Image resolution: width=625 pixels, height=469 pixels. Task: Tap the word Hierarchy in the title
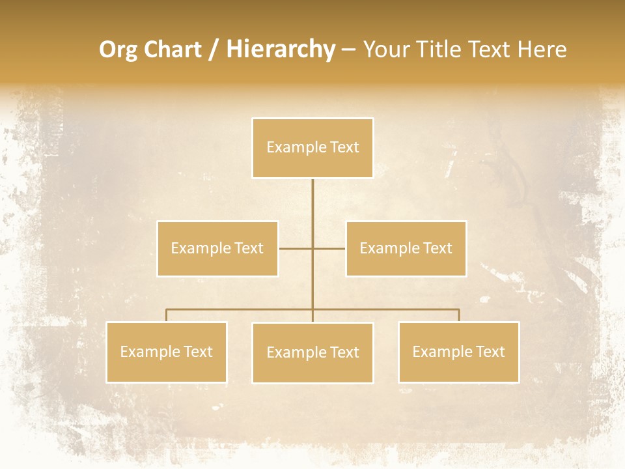pos(281,50)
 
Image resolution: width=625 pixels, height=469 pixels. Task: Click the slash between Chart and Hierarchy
pos(214,50)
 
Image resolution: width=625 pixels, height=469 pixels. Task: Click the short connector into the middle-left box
pos(296,248)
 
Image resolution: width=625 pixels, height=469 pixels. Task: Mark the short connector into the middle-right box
pos(329,248)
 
